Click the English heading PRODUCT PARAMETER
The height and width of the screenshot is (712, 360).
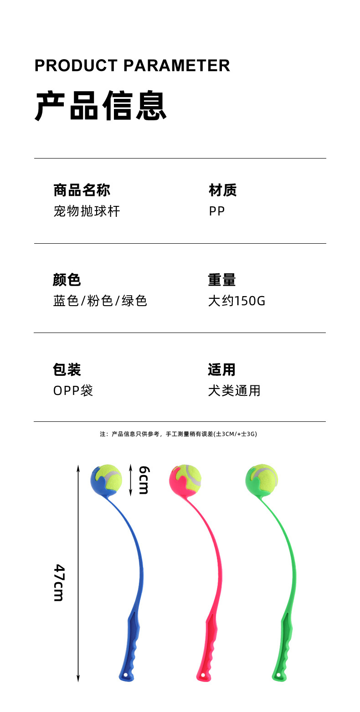point(132,66)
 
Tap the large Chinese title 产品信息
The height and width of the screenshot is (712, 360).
point(101,106)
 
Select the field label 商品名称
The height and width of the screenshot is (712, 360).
point(82,190)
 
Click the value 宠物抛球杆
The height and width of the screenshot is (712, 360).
point(87,211)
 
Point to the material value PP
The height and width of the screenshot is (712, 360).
point(217,211)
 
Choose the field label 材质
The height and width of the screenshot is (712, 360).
point(222,190)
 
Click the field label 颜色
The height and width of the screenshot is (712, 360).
point(67,280)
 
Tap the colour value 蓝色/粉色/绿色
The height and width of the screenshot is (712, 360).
point(100,301)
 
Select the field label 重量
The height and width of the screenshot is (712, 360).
point(222,280)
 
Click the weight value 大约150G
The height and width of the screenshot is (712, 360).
point(237,301)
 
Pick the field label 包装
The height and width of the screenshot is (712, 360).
point(67,369)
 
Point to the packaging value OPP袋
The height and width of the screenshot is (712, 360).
point(73,391)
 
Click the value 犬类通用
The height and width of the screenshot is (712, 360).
point(234,391)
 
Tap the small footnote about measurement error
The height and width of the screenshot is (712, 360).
point(179,434)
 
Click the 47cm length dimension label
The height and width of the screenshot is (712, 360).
point(59,583)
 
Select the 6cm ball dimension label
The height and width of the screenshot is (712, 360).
point(144,480)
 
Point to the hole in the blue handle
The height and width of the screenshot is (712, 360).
point(125,674)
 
